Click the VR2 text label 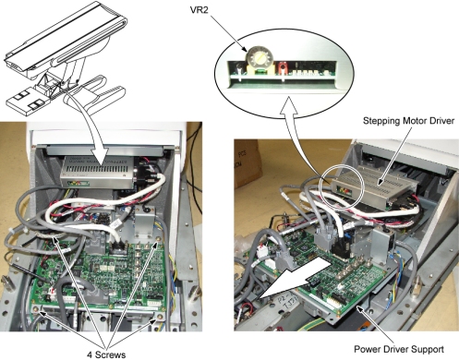tap(199, 10)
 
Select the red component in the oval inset tap(282, 67)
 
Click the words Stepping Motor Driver tap(408, 121)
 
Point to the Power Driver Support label tap(399, 349)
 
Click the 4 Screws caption tap(106, 354)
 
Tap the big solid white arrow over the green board tap(295, 278)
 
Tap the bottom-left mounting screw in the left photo tap(40, 312)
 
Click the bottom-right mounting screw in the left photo tap(160, 317)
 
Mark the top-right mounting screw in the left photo tap(159, 238)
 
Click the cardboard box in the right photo tap(248, 163)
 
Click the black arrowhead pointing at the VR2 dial tap(245, 49)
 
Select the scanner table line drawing tap(66, 58)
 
